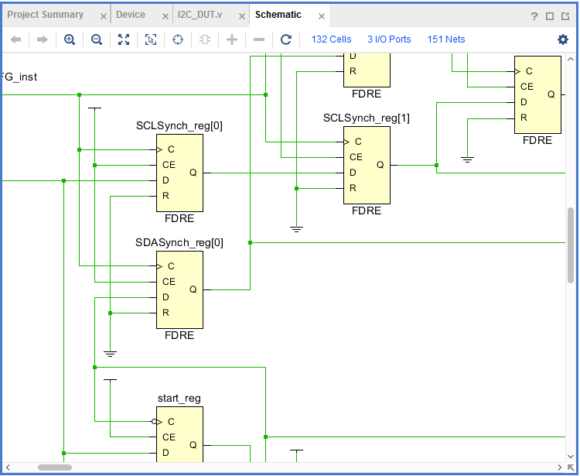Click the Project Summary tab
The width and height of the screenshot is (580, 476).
[45, 15]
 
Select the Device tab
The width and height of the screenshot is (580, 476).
[130, 15]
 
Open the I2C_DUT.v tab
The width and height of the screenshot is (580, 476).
[200, 15]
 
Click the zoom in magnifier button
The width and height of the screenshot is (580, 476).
[70, 39]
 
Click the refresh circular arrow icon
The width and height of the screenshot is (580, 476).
[286, 39]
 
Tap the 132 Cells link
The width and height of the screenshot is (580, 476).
[331, 39]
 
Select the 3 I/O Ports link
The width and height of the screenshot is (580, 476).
[389, 39]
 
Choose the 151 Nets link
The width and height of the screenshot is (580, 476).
[445, 39]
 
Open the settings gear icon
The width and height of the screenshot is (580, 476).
[562, 39]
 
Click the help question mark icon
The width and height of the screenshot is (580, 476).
[534, 16]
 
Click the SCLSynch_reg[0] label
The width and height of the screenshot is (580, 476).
[179, 125]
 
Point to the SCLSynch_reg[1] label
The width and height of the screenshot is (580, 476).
[367, 118]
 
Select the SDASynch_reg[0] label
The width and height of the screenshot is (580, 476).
[179, 242]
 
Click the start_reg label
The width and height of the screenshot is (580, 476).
[179, 399]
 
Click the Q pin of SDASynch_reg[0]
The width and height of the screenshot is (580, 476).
[193, 289]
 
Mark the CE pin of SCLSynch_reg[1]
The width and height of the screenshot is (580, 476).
[356, 157]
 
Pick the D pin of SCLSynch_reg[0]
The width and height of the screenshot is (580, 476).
[165, 180]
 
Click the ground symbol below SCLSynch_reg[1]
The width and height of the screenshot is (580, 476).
[296, 229]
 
